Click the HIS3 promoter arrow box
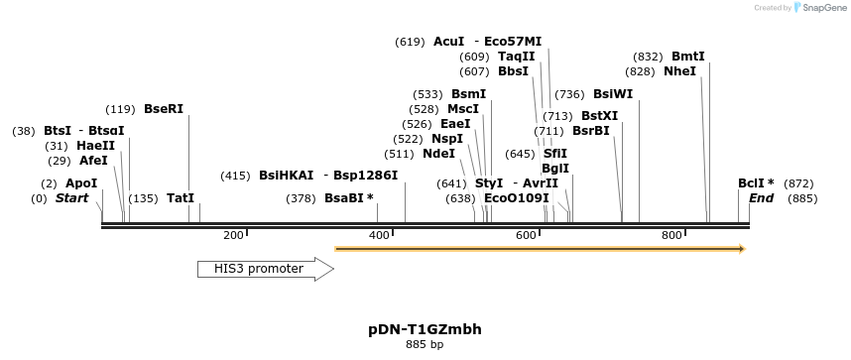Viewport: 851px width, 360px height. [x=265, y=269]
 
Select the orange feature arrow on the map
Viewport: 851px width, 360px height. [x=540, y=248]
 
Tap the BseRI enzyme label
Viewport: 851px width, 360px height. [x=164, y=109]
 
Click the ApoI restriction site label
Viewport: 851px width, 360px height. [x=81, y=183]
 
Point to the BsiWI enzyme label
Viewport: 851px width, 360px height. [x=612, y=94]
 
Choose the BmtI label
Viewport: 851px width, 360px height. [x=688, y=57]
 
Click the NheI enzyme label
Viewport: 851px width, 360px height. [x=679, y=71]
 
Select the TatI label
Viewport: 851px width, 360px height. [x=181, y=198]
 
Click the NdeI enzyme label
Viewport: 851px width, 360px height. [x=438, y=154]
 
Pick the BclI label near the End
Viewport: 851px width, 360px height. [x=752, y=183]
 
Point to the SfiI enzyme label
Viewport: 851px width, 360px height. [x=555, y=154]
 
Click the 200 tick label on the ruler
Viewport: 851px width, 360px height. [x=233, y=235]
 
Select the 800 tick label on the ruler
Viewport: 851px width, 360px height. [x=671, y=235]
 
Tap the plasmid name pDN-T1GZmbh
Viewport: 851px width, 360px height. [x=425, y=328]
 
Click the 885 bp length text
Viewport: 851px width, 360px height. [x=425, y=344]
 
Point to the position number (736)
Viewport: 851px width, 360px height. [x=569, y=94]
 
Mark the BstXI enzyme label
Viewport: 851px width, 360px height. [x=599, y=116]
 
